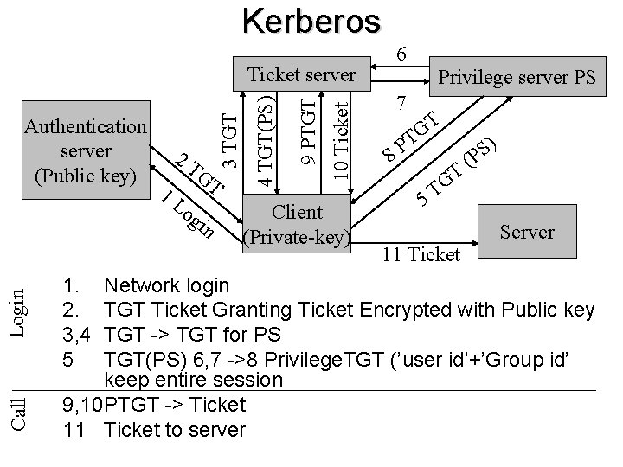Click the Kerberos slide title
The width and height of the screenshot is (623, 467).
click(311, 21)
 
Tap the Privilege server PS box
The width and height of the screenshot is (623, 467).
click(517, 78)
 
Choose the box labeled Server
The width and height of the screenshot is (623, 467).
click(527, 231)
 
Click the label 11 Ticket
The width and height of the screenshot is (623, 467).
click(421, 254)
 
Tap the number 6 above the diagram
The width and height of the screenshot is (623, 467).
click(401, 54)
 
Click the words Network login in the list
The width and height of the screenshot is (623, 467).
click(166, 285)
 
